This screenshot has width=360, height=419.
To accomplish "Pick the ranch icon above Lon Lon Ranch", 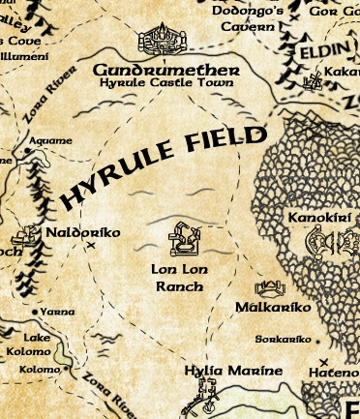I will click(x=183, y=238).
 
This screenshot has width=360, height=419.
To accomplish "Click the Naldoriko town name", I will click(x=82, y=233).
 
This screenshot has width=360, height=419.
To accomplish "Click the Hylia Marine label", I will click(x=234, y=370).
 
